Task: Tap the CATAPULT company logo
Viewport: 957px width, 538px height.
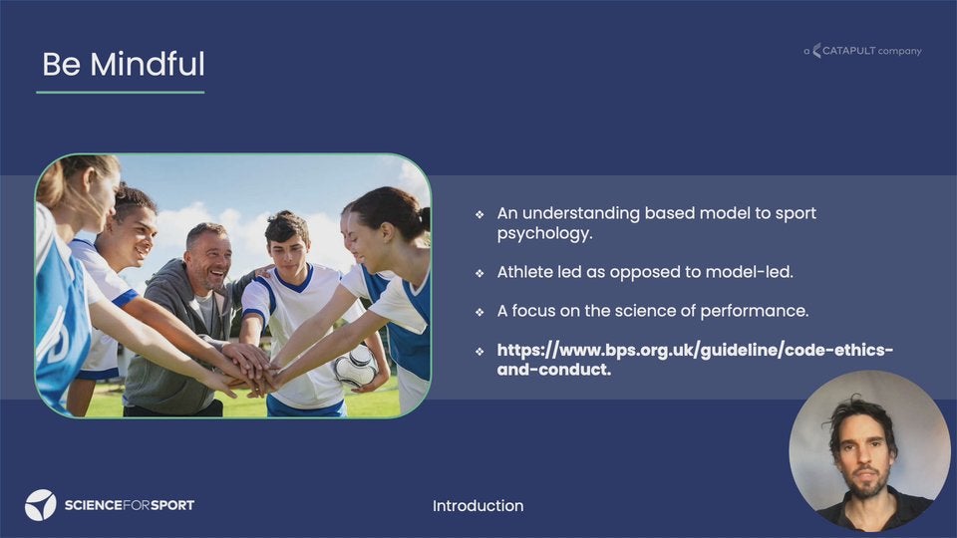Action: click(x=862, y=51)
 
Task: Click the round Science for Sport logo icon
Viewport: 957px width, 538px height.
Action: click(x=40, y=505)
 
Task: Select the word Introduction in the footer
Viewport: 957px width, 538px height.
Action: click(x=478, y=506)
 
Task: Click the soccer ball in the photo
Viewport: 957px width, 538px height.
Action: click(x=355, y=366)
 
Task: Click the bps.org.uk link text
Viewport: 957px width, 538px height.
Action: click(x=695, y=360)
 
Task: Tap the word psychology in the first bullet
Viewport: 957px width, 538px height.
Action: click(x=544, y=233)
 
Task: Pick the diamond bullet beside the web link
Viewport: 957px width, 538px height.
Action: click(x=479, y=352)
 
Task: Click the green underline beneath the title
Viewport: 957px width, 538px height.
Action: click(x=121, y=92)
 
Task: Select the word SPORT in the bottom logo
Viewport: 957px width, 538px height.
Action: click(x=172, y=505)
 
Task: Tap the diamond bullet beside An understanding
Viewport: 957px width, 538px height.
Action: click(x=479, y=215)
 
